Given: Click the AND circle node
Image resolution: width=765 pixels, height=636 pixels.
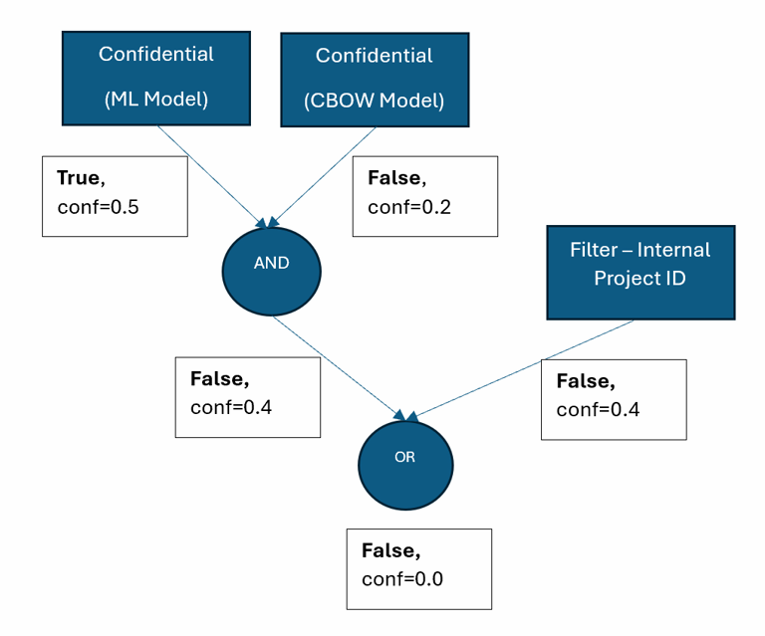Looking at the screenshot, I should coord(271,265).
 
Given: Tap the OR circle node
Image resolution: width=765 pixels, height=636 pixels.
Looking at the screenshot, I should coord(404,459).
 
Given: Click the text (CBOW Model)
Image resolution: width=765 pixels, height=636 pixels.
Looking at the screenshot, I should coord(374,101).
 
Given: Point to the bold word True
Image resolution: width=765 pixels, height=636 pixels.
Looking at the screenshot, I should coord(79,178).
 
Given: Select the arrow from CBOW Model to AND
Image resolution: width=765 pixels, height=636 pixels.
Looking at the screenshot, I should coord(315,175).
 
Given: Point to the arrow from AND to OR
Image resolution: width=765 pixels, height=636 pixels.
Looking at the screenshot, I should coord(339,364).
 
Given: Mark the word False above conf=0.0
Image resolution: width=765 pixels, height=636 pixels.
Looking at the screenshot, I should coord(390,550).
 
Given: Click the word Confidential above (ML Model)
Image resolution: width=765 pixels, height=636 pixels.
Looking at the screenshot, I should coord(155,54).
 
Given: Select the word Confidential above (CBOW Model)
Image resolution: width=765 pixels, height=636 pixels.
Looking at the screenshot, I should coord(374,56).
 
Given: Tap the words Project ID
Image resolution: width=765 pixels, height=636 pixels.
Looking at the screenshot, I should coord(639,278).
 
